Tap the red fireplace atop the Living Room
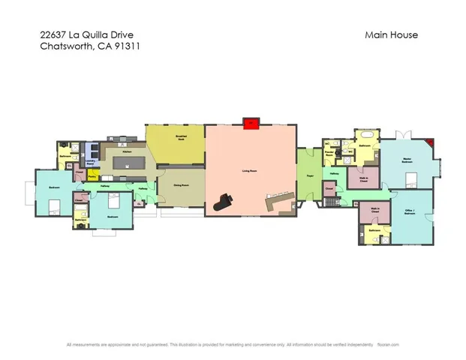coord(251,122)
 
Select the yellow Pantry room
coord(92,176)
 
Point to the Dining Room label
coord(180,184)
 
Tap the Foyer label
coord(308,176)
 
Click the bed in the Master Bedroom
coord(411,178)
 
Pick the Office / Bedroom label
coord(409,211)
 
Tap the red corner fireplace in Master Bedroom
coord(428,142)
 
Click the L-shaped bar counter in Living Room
coord(277,201)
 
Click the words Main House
coord(391,34)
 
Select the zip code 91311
coord(127,46)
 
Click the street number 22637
coord(53,34)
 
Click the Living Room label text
coord(250,171)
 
